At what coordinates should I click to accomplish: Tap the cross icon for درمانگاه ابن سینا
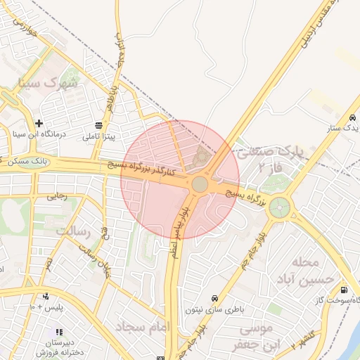point(39,123)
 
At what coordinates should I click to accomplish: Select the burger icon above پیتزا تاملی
point(98,125)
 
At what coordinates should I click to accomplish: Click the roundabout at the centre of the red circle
point(200,184)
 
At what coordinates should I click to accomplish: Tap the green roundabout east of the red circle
point(279,207)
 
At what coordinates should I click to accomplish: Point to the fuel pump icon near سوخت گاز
point(343,289)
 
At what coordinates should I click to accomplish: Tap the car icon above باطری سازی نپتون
point(214,297)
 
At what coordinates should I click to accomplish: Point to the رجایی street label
point(56,198)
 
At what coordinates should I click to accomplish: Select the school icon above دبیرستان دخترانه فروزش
point(59,331)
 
